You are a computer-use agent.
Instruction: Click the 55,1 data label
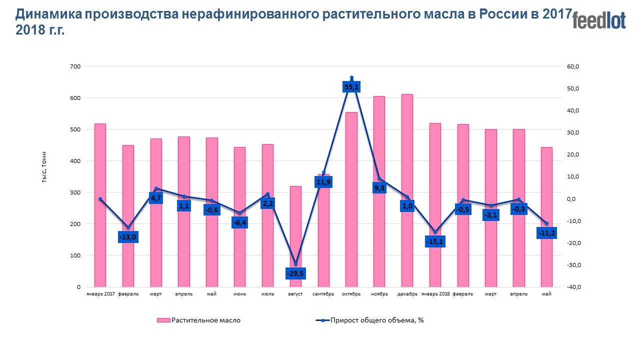click(351, 87)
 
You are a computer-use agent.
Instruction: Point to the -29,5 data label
click(295, 273)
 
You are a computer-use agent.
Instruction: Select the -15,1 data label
click(435, 242)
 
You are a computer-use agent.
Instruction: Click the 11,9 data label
click(323, 182)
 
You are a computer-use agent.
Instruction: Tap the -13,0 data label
click(128, 237)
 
